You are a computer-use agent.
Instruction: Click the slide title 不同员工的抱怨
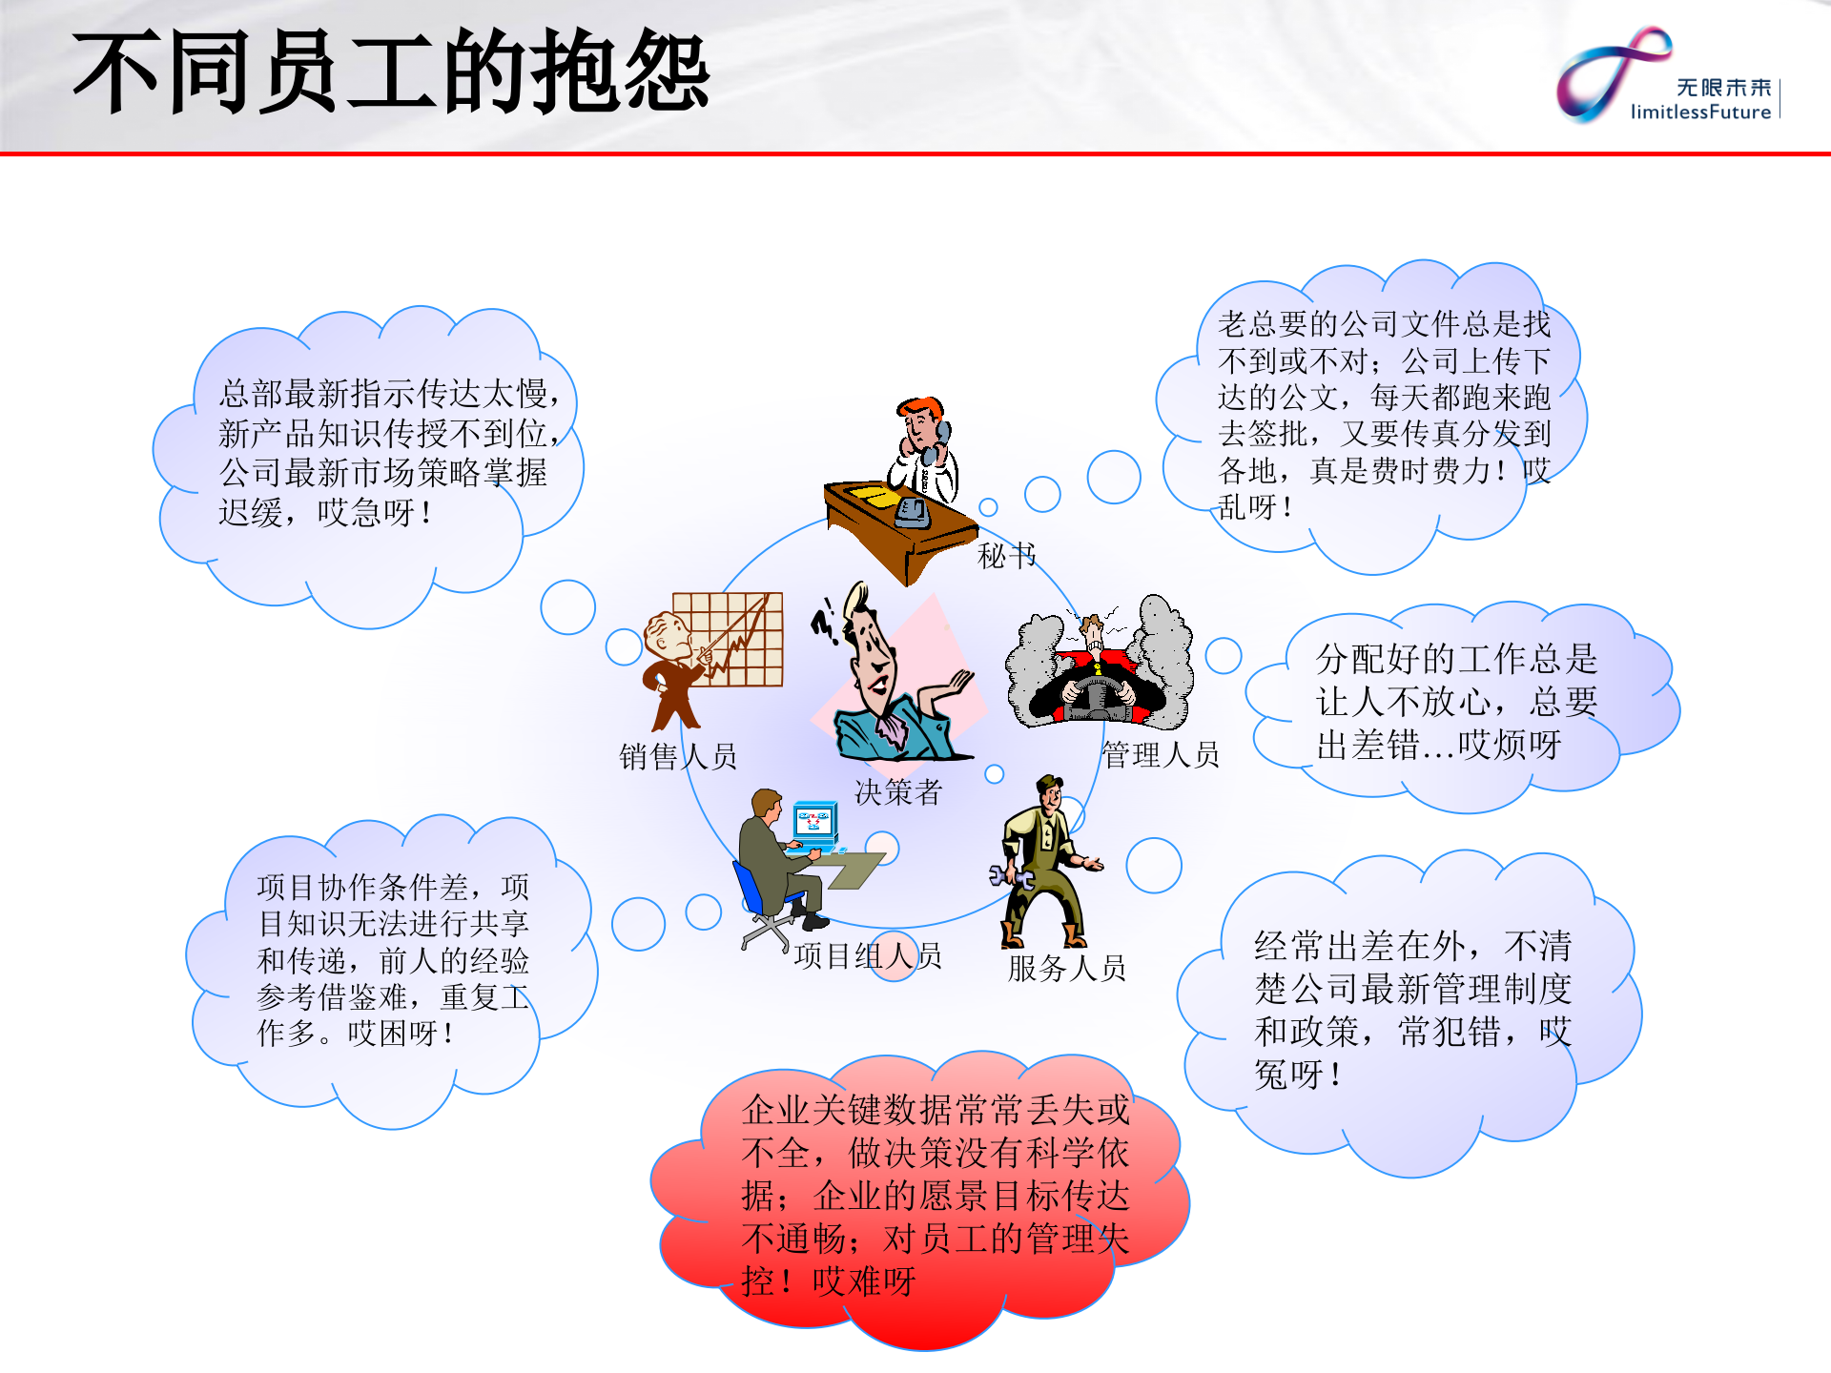[391, 72]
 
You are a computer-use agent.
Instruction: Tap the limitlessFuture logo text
[1700, 112]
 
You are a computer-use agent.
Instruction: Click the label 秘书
[1006, 555]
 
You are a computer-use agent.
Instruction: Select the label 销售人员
[678, 756]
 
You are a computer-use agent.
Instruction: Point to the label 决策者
[897, 791]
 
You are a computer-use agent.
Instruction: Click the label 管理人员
[1161, 754]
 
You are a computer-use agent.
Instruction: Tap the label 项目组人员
[868, 954]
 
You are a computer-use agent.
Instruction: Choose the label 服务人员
[1066, 968]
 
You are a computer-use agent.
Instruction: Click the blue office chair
[753, 891]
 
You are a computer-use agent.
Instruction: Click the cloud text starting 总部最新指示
[386, 453]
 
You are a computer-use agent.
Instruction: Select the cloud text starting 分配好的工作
[1456, 701]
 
